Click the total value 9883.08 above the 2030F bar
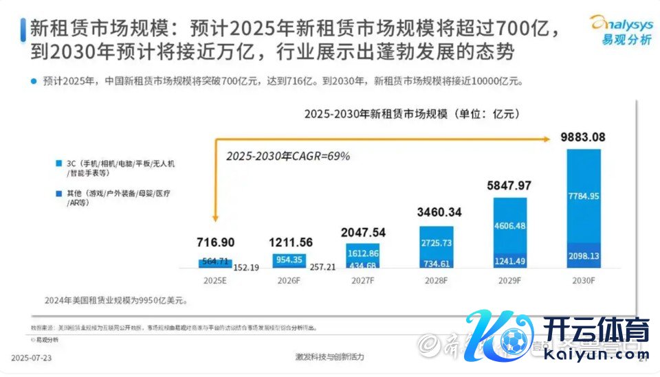pyautogui.click(x=583, y=137)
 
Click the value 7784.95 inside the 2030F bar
pyautogui.click(x=584, y=196)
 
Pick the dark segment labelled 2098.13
pyautogui.click(x=584, y=255)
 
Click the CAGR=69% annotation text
pyautogui.click(x=288, y=157)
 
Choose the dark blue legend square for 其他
pyautogui.click(x=59, y=194)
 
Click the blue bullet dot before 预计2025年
pyautogui.click(x=33, y=81)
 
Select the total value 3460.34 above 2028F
pyautogui.click(x=436, y=212)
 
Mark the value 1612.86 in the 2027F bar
pyautogui.click(x=362, y=253)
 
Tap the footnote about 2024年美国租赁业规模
pyautogui.click(x=113, y=300)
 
